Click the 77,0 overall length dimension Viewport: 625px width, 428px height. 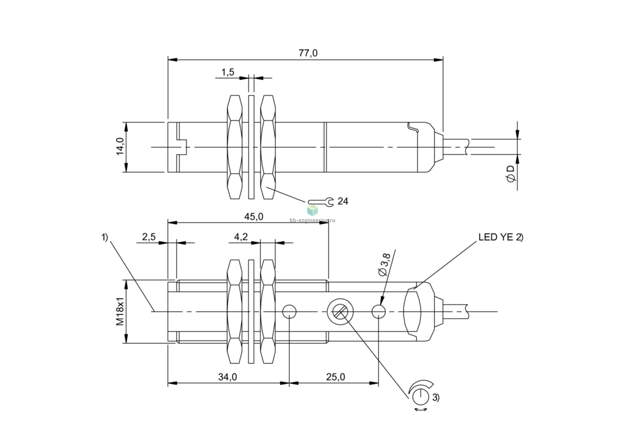(308, 53)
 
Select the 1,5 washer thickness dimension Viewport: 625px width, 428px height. (228, 72)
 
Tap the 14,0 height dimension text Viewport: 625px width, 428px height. (120, 146)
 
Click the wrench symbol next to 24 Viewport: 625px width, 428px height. (321, 202)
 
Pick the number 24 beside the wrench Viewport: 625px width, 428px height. (343, 201)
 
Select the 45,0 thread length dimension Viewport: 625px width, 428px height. (254, 217)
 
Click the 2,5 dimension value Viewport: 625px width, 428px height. (149, 237)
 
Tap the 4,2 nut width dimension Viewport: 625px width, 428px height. (241, 237)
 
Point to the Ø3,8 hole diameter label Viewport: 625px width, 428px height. (383, 267)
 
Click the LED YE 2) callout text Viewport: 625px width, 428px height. (501, 237)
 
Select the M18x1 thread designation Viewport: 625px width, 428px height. (120, 311)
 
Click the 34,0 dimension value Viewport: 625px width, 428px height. (227, 377)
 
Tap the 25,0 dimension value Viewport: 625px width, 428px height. (336, 377)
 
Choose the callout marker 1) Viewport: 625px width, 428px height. (104, 238)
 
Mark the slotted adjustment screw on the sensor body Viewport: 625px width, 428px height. (340, 311)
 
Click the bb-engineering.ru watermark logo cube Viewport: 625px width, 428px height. (312, 210)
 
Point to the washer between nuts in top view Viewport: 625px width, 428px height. (251, 147)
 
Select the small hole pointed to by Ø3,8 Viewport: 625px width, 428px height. (379, 311)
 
